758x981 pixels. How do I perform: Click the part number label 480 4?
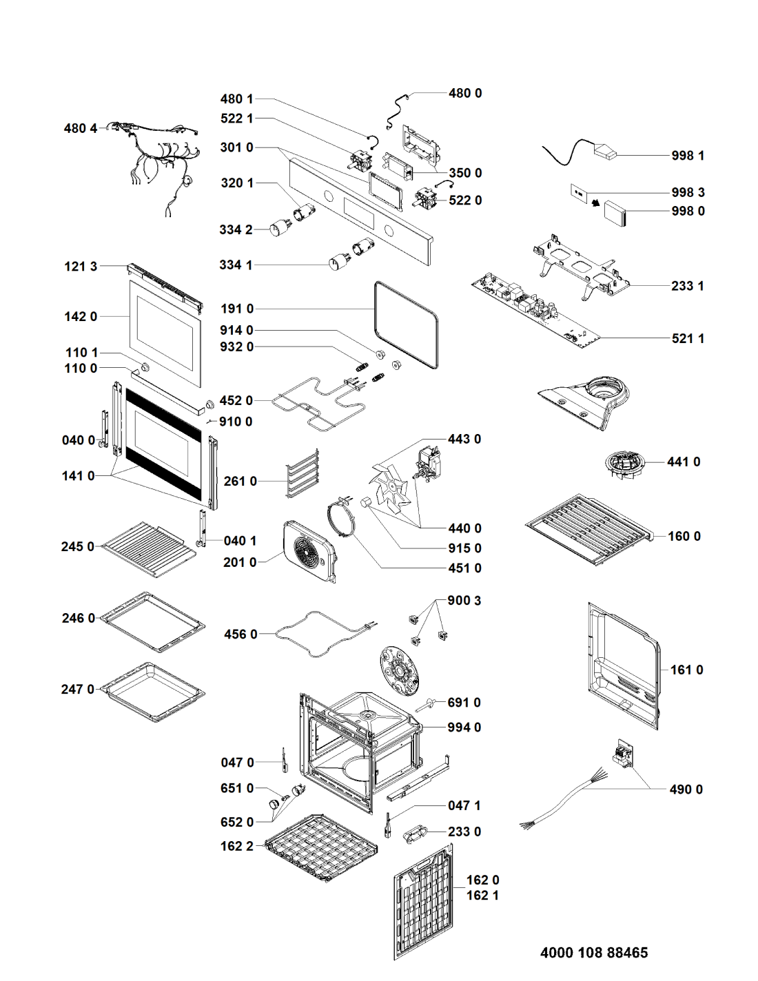(81, 128)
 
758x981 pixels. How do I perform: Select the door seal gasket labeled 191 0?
(406, 324)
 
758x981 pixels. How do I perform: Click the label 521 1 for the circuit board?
(688, 338)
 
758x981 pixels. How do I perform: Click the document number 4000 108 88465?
(594, 953)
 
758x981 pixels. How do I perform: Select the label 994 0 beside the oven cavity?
(464, 727)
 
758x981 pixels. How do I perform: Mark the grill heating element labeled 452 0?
(310, 406)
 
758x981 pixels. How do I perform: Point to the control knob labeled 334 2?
(279, 228)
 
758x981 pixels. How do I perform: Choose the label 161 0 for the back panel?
(686, 670)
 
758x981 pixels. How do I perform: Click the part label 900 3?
(464, 601)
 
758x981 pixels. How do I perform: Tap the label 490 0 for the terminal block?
(686, 789)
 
